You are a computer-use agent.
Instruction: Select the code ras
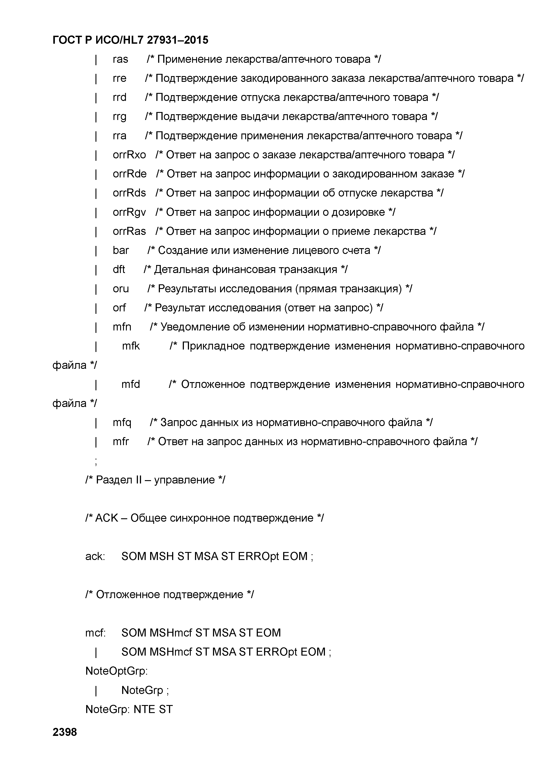(120, 59)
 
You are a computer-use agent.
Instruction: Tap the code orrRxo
(129, 155)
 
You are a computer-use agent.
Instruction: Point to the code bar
(121, 250)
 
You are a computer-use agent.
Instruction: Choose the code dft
(119, 269)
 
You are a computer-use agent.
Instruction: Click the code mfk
(131, 346)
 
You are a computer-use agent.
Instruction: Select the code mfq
(122, 422)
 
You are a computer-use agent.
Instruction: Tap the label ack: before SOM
(95, 556)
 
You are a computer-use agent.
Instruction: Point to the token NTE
(144, 709)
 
